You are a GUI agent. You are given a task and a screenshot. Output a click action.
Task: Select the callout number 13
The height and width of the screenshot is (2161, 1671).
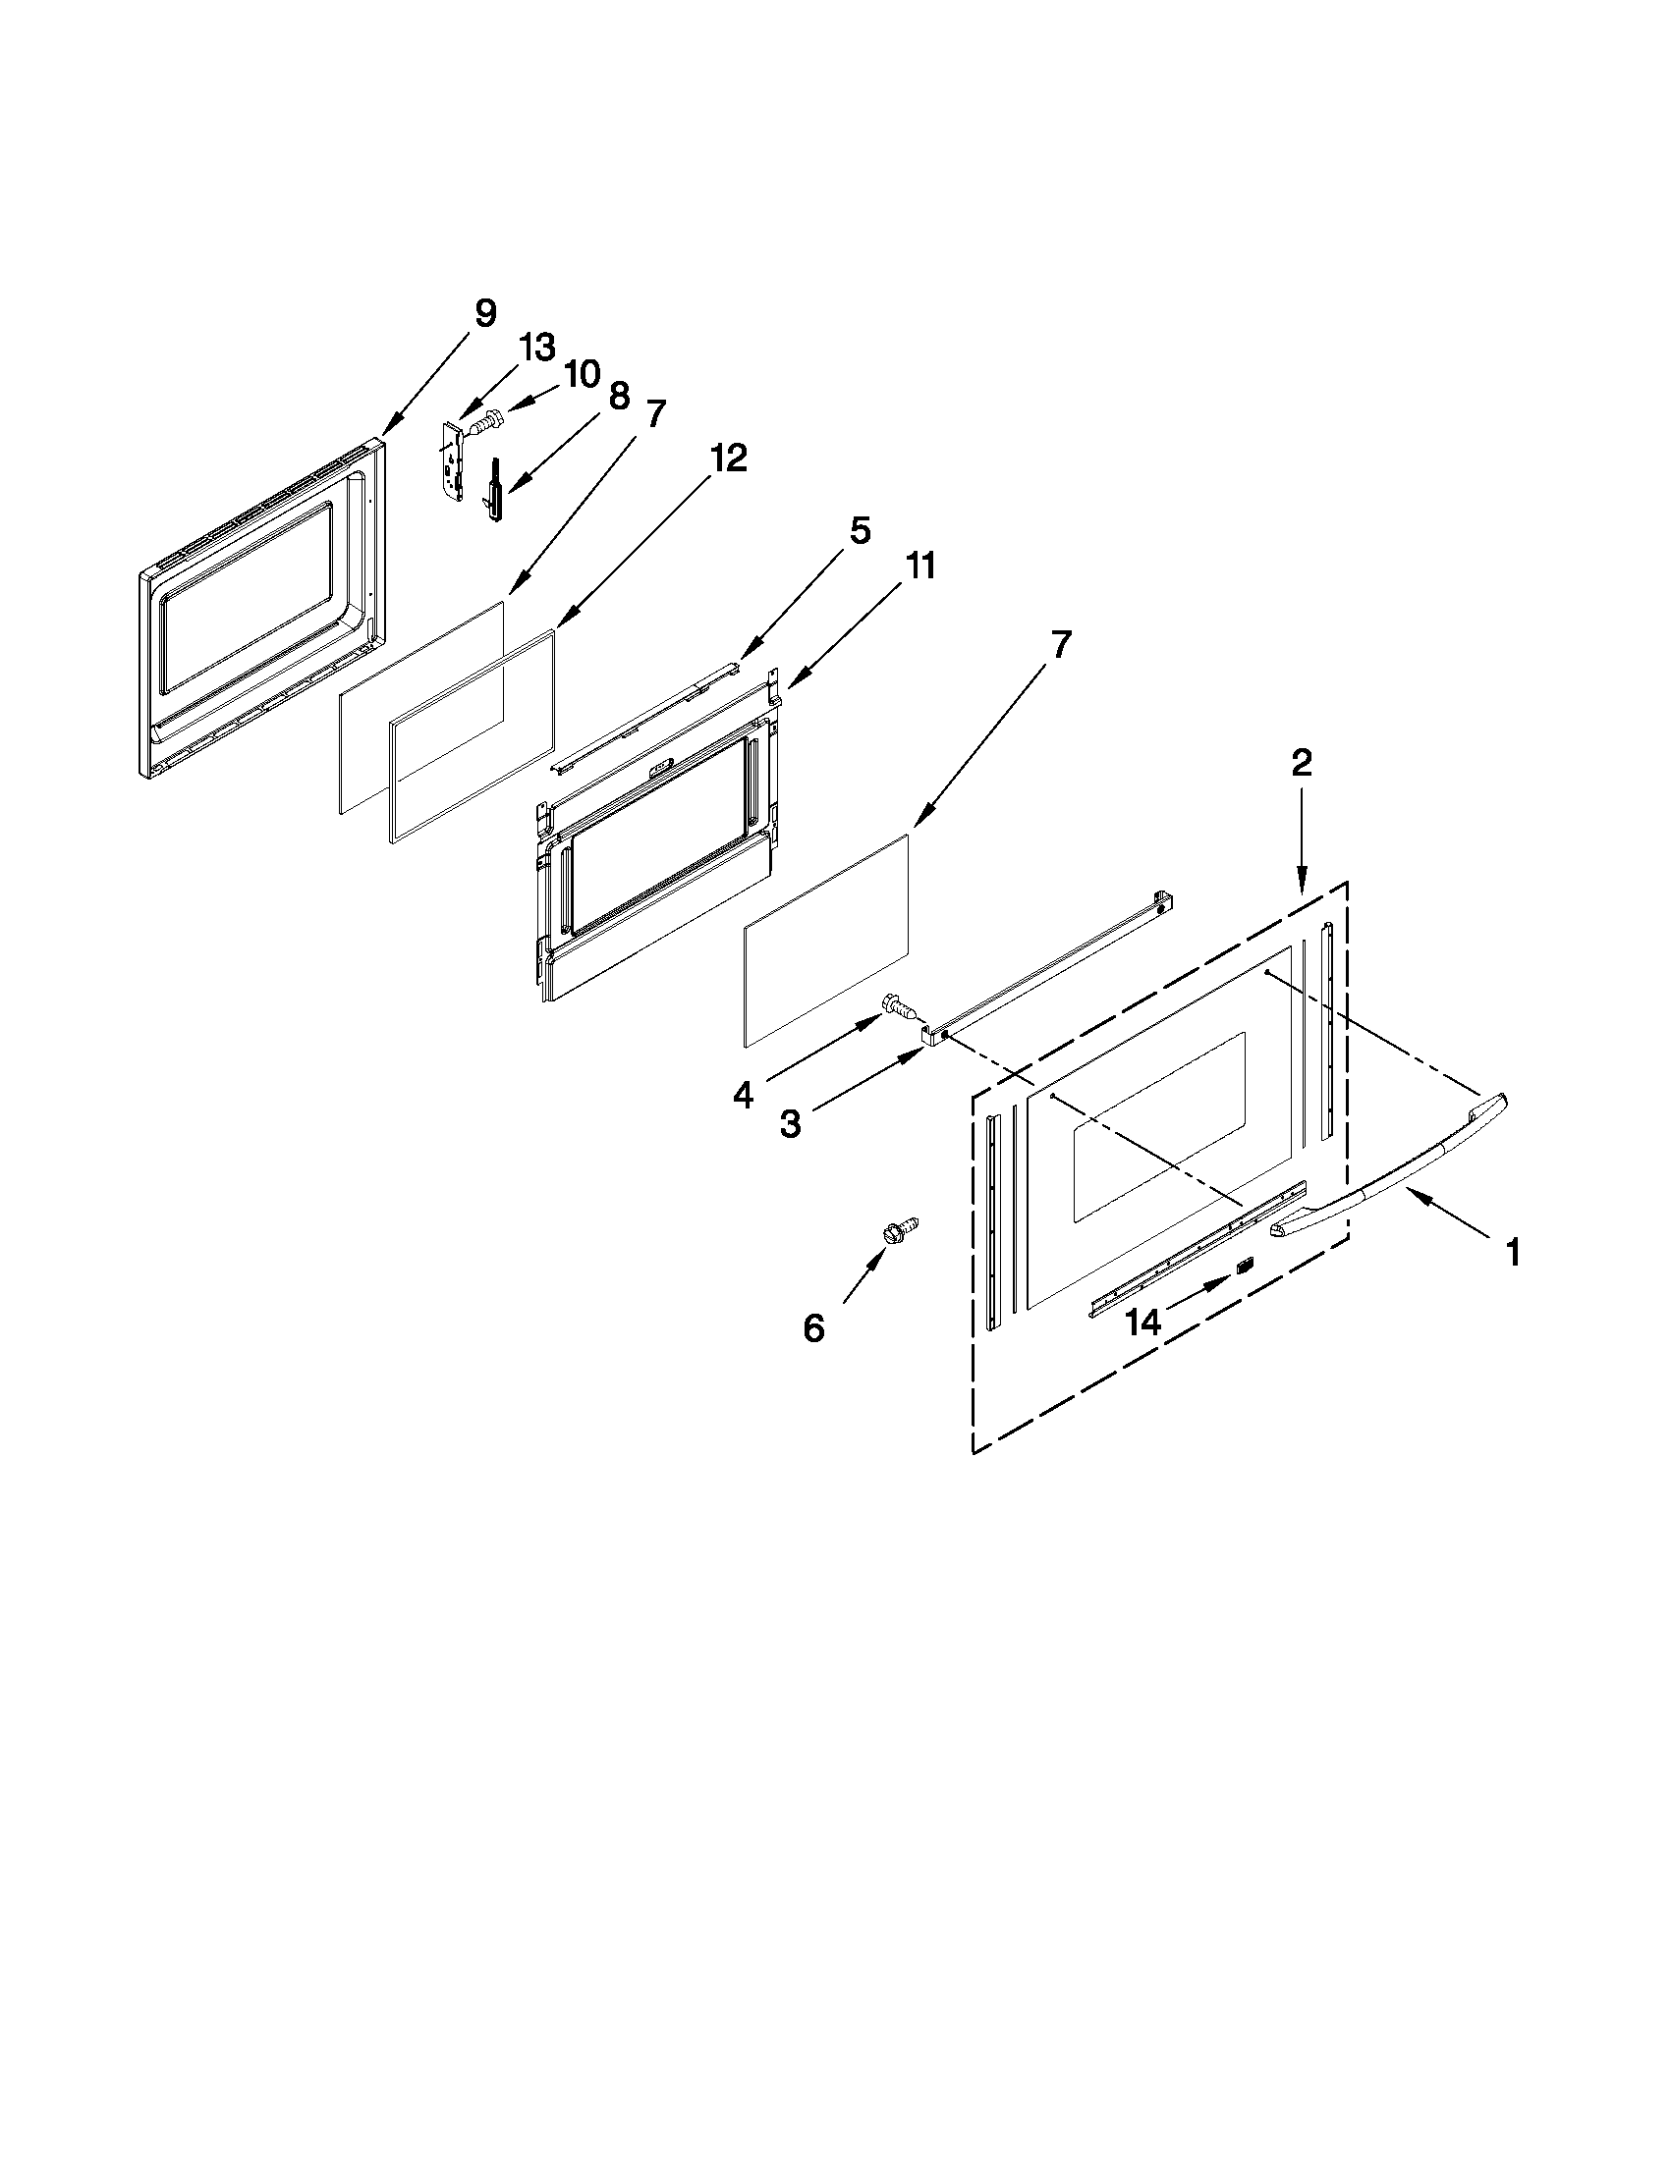[x=537, y=348]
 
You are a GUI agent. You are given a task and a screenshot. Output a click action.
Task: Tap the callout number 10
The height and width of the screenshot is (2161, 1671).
[x=582, y=374]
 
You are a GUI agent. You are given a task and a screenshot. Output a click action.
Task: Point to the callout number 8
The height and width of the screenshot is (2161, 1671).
[x=619, y=396]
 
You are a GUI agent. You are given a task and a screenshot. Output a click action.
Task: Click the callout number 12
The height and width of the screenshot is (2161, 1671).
[x=728, y=459]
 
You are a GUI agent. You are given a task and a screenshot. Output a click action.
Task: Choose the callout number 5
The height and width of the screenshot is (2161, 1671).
[x=860, y=530]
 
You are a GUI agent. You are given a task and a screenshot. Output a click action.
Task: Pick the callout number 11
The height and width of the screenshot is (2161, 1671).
[x=919, y=566]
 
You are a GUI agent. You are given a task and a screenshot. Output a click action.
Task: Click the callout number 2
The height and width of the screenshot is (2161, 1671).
[x=1301, y=762]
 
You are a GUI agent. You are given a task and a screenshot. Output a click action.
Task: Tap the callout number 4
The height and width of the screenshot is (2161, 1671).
[x=744, y=1095]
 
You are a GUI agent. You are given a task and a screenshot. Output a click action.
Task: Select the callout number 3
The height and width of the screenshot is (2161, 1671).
[x=790, y=1124]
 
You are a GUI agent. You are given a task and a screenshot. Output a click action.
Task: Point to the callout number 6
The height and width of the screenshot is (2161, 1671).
[x=812, y=1327]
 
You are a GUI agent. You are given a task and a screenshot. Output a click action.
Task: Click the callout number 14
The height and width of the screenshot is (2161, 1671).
[x=1142, y=1322]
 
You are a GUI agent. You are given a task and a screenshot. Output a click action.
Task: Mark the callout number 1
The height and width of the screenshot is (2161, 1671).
[x=1512, y=1253]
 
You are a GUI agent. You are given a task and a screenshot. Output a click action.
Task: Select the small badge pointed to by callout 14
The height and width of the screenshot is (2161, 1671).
[x=1245, y=1266]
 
